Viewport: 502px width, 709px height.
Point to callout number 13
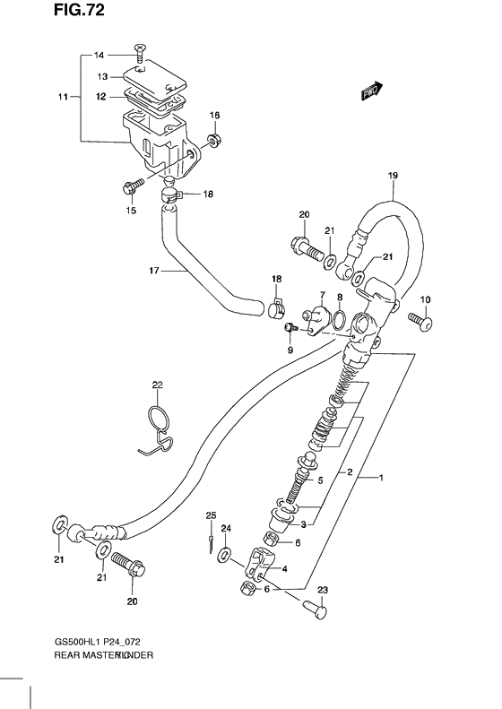point(103,77)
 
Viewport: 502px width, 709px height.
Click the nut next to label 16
point(213,139)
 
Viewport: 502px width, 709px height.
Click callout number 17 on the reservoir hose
point(153,270)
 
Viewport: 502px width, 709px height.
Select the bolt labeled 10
point(420,318)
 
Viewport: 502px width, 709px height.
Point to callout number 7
point(321,295)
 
